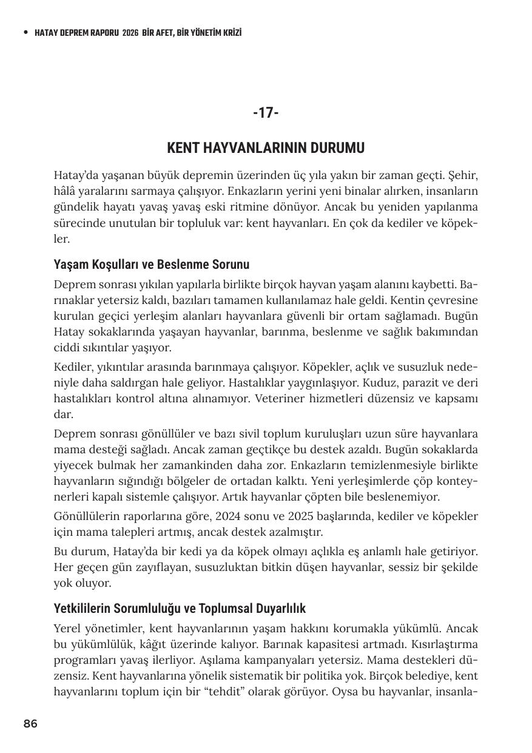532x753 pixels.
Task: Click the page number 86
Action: pyautogui.click(x=30, y=723)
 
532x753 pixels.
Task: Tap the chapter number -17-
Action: pyautogui.click(x=266, y=112)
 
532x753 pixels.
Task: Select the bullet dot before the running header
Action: pyautogui.click(x=25, y=33)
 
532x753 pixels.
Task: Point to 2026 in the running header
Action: pyautogui.click(x=130, y=33)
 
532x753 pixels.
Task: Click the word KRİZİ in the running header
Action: pyautogui.click(x=230, y=33)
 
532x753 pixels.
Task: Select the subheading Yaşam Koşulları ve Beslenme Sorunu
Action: pyautogui.click(x=152, y=265)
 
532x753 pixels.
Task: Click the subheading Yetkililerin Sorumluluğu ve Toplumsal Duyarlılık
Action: pyautogui.click(x=180, y=608)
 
